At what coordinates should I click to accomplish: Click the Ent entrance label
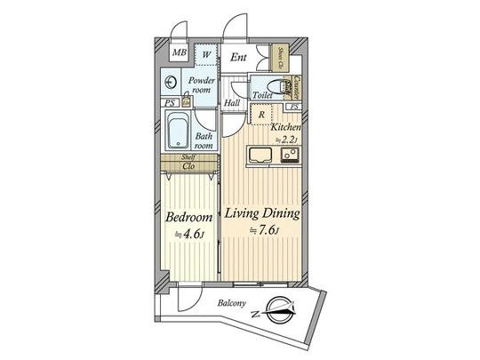tap(237, 58)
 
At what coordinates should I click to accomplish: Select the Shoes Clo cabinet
tap(280, 57)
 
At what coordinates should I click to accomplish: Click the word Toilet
tap(262, 95)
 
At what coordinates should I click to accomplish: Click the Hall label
tap(232, 103)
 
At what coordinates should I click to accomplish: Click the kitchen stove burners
tap(289, 156)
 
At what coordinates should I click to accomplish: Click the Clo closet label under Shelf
tap(188, 166)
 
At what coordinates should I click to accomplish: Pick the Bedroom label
tap(188, 219)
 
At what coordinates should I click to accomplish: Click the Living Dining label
tap(260, 214)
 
